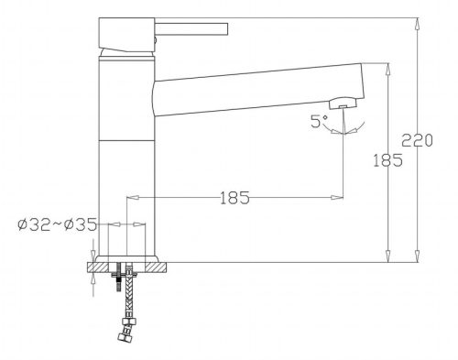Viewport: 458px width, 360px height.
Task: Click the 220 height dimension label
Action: [x=417, y=140]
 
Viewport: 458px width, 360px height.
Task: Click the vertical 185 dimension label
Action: [x=387, y=160]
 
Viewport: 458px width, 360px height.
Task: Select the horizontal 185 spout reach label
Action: [x=234, y=198]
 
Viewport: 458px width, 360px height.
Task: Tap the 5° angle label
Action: [x=319, y=121]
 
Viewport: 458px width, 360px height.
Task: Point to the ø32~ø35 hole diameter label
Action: [x=58, y=225]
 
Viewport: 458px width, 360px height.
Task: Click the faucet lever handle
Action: [x=191, y=29]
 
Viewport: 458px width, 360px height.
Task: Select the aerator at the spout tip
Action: [x=343, y=103]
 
